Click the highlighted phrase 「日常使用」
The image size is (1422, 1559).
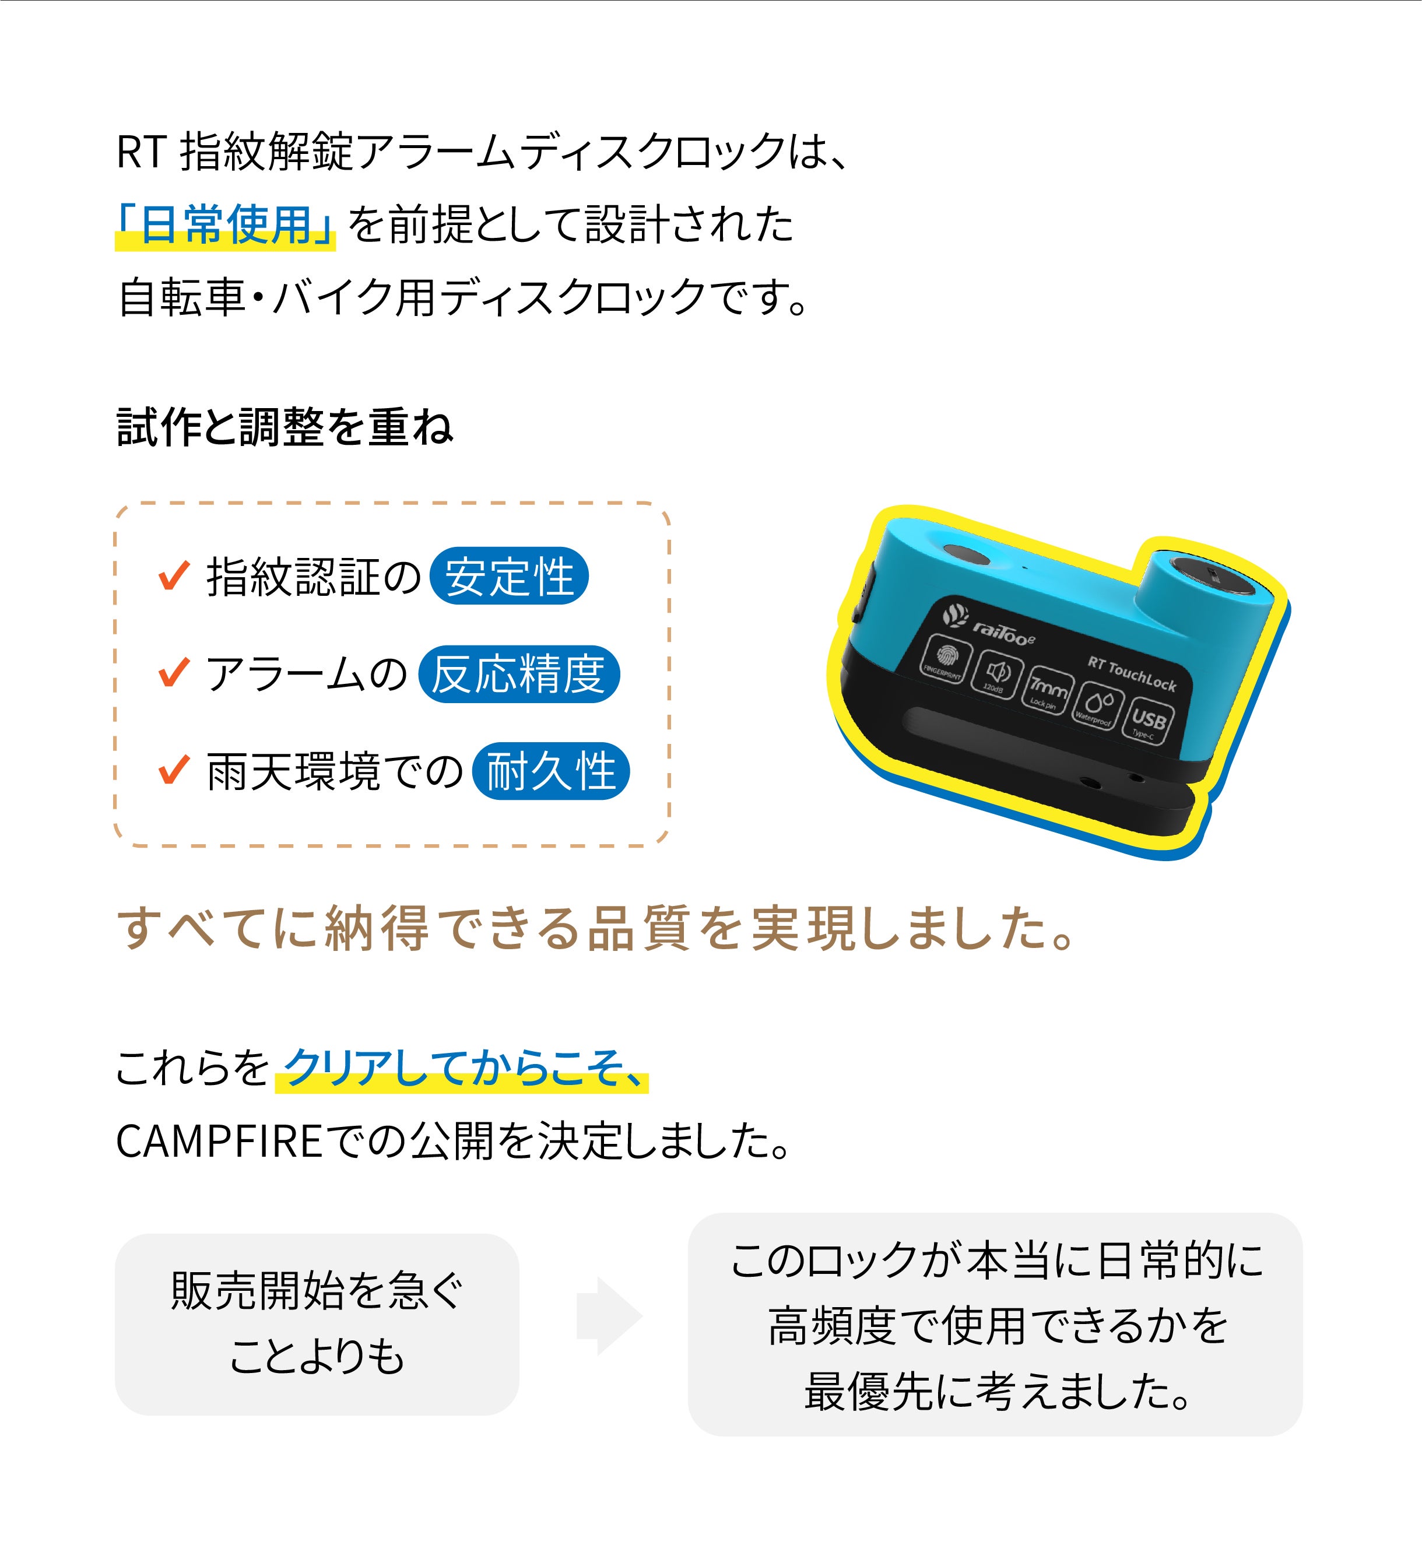pyautogui.click(x=225, y=225)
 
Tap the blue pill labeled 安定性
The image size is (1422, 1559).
pyautogui.click(x=509, y=576)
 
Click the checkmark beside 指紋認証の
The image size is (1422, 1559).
pyautogui.click(x=174, y=575)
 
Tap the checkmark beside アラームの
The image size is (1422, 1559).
pyautogui.click(x=174, y=673)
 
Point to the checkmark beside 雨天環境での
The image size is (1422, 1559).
pyautogui.click(x=174, y=770)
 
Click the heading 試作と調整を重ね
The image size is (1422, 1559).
pyautogui.click(x=285, y=427)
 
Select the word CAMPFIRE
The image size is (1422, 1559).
pyautogui.click(x=219, y=1142)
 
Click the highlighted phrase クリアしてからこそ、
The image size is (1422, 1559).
pyautogui.click(x=462, y=1068)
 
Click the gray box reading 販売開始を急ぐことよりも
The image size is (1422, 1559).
pyautogui.click(x=316, y=1324)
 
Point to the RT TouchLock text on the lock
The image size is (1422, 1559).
pyautogui.click(x=1131, y=673)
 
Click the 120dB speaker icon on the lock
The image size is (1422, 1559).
pyautogui.click(x=997, y=673)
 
